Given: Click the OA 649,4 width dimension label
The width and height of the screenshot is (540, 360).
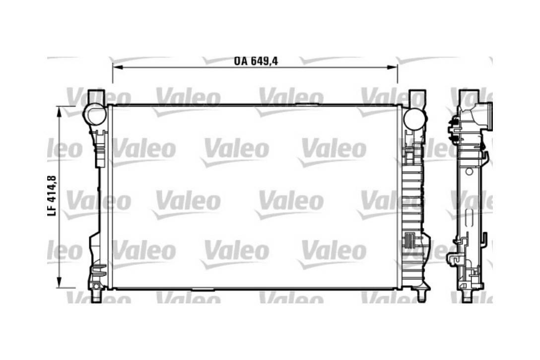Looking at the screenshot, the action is click(x=256, y=61).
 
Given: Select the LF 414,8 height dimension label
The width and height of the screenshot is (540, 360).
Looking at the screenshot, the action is click(x=52, y=196).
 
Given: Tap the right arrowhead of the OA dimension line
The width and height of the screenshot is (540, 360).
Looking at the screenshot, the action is click(x=393, y=67).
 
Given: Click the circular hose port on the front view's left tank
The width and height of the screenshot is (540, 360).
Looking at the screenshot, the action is click(x=94, y=115).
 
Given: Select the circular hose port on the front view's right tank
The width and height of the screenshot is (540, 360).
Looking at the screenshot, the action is click(x=414, y=119).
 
